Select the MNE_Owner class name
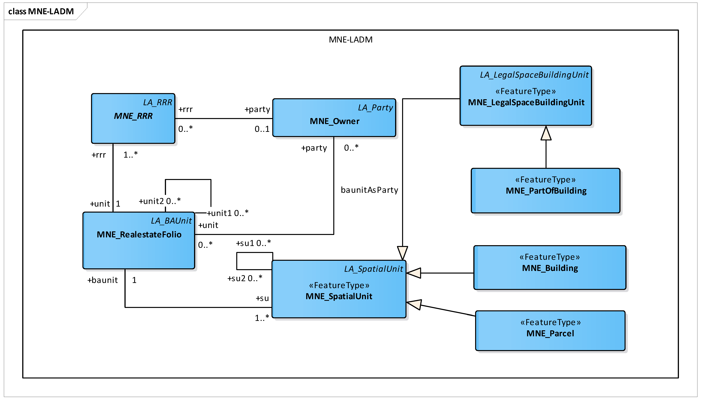click(335, 121)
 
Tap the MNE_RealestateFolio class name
click(139, 235)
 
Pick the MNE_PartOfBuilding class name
click(546, 191)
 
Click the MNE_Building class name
click(550, 268)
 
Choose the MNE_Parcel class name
click(550, 334)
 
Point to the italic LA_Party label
click(375, 108)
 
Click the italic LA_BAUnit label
click(171, 221)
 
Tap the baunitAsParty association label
click(369, 190)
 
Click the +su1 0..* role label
click(253, 243)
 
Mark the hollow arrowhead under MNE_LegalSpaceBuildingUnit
click(546, 133)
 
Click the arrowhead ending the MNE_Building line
click(414, 273)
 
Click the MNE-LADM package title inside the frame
click(350, 40)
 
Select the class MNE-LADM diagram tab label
click(41, 12)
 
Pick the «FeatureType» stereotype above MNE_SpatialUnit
click(339, 285)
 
